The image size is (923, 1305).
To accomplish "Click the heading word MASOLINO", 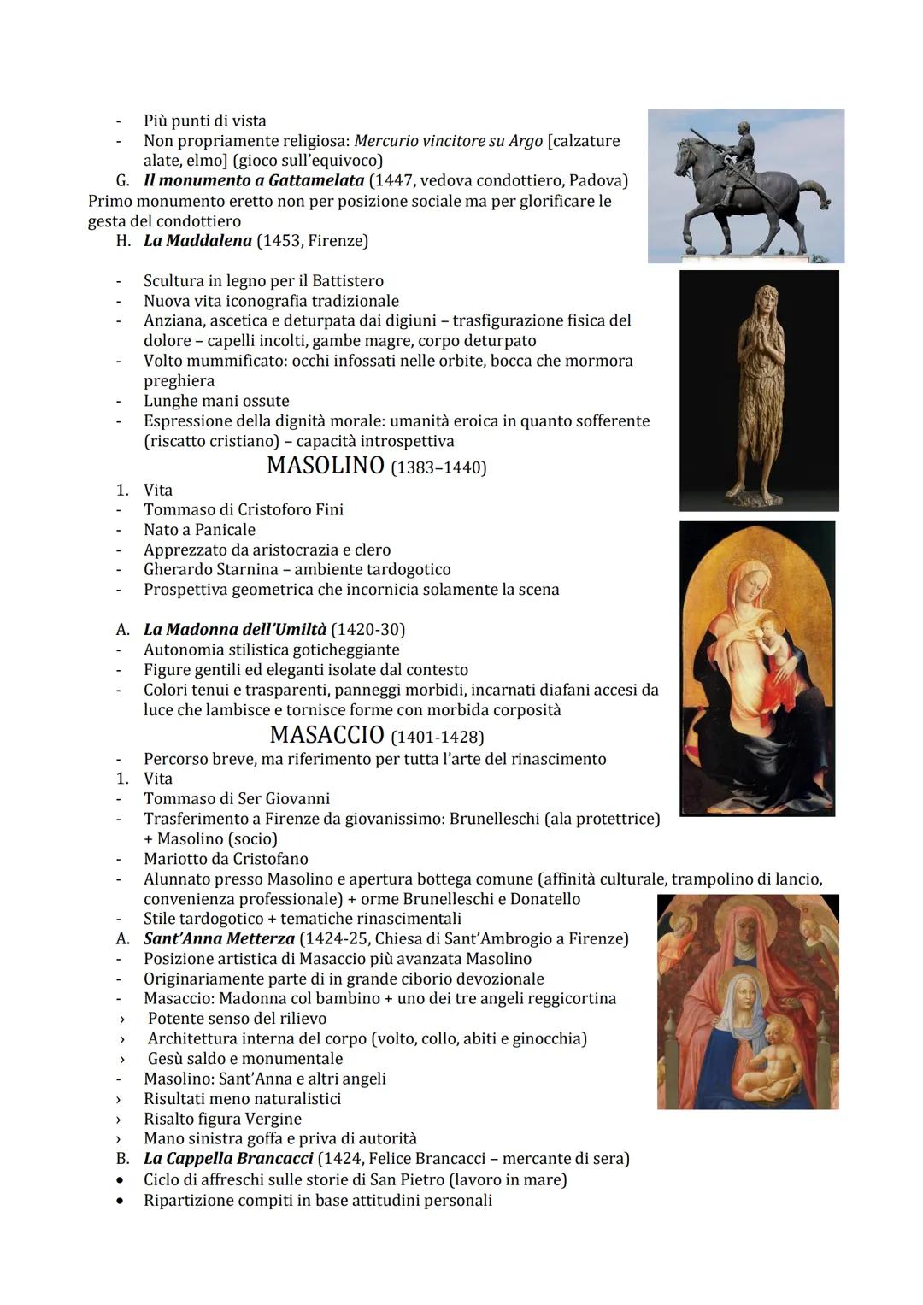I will point(325,466).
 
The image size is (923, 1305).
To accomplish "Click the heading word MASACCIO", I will point(326,735).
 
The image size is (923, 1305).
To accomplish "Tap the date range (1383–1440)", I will point(438,468).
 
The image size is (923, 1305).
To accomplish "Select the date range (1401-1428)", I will point(437,737).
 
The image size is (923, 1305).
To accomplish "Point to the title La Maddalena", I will point(197,240).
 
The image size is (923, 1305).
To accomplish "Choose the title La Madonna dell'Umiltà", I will point(235,630).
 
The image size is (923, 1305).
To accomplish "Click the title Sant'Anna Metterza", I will point(219,938).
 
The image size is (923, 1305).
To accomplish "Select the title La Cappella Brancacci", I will point(228,1159).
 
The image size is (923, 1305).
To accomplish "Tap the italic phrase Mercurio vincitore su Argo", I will point(448,140).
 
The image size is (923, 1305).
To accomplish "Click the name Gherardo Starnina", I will point(211,569).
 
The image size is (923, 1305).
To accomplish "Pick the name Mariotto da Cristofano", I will point(226,859).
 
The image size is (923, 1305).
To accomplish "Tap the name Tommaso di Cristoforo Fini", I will point(244,510).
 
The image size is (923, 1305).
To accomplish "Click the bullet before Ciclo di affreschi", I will point(124,1180).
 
